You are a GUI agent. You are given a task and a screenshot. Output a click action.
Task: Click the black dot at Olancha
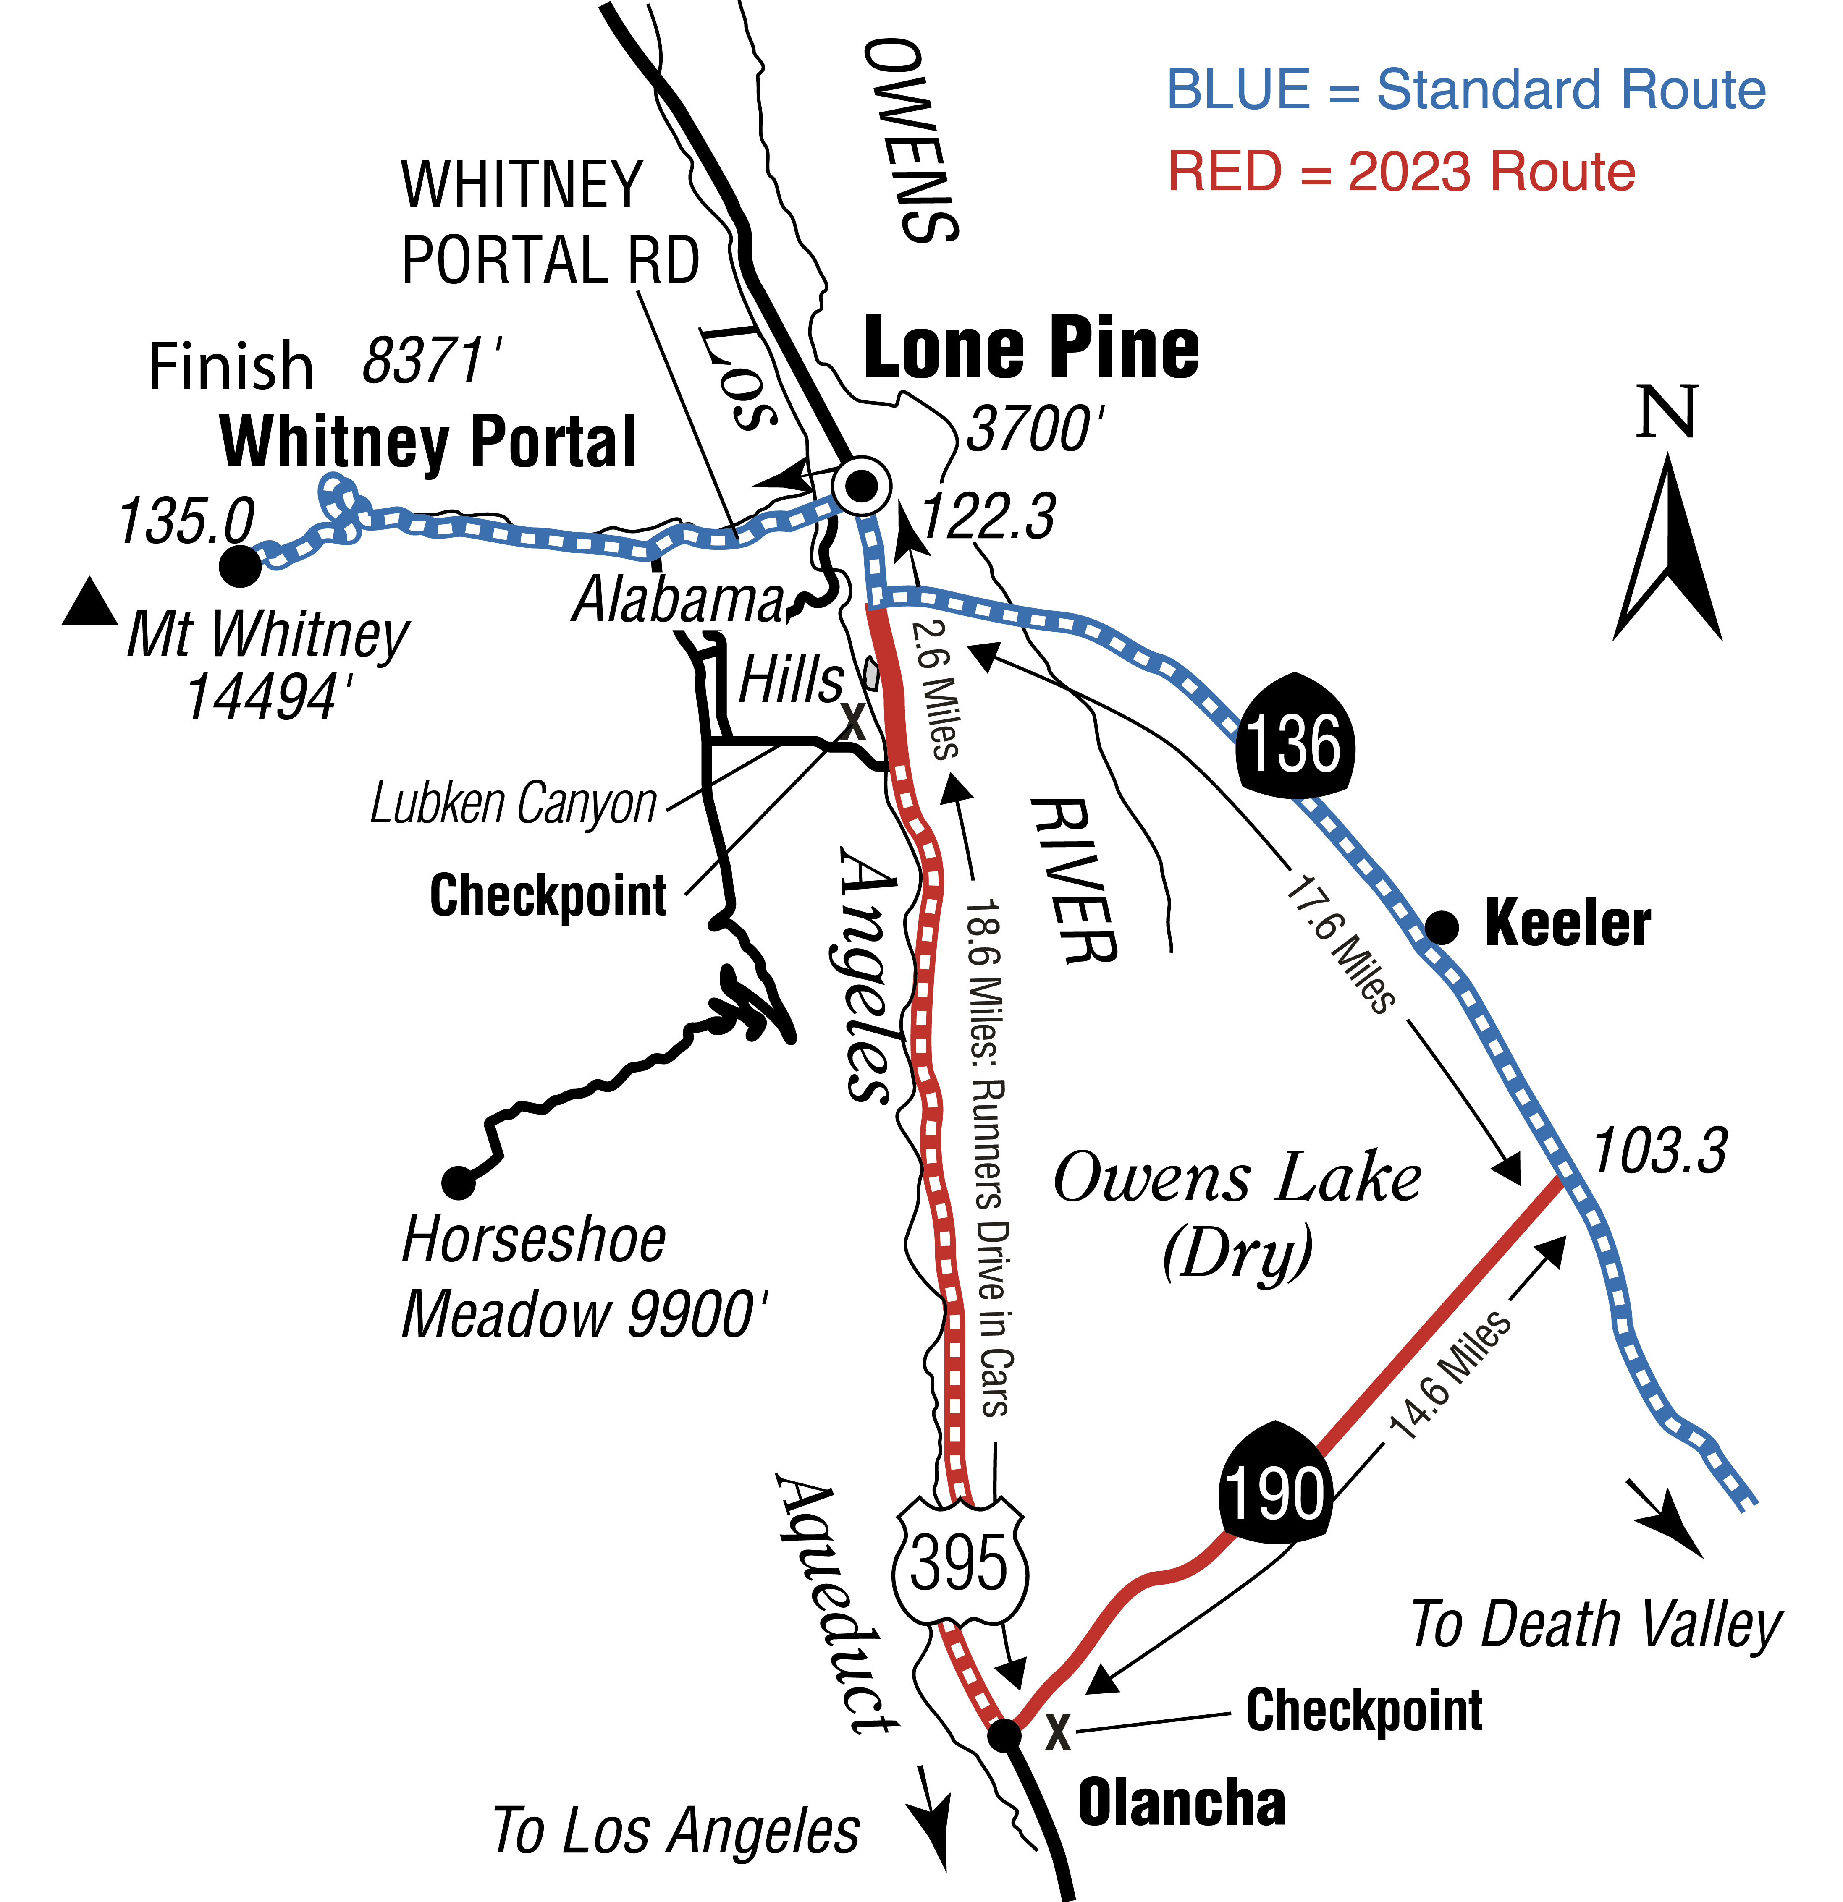pos(1004,1734)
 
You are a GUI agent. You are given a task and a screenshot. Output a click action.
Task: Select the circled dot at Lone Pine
pos(861,485)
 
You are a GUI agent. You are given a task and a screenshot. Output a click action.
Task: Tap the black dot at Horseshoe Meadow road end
pos(458,1183)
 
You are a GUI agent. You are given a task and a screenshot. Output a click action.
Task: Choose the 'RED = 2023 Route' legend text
pos(1401,172)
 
